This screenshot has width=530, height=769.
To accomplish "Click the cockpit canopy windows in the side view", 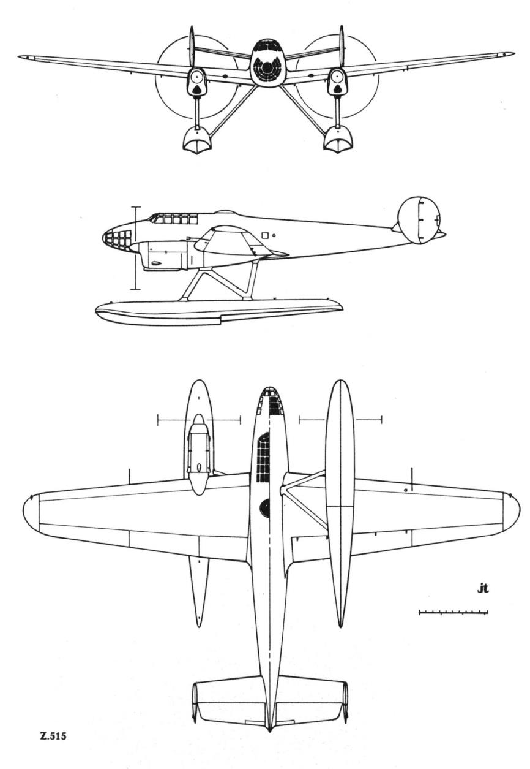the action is pyautogui.click(x=173, y=218).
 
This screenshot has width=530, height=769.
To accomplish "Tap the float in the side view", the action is pyautogui.click(x=218, y=313).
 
